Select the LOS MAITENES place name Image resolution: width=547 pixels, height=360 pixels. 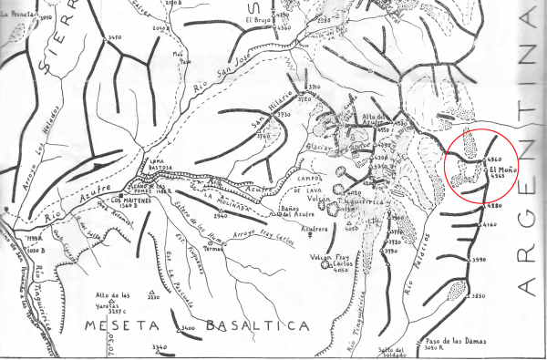click(130, 200)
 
